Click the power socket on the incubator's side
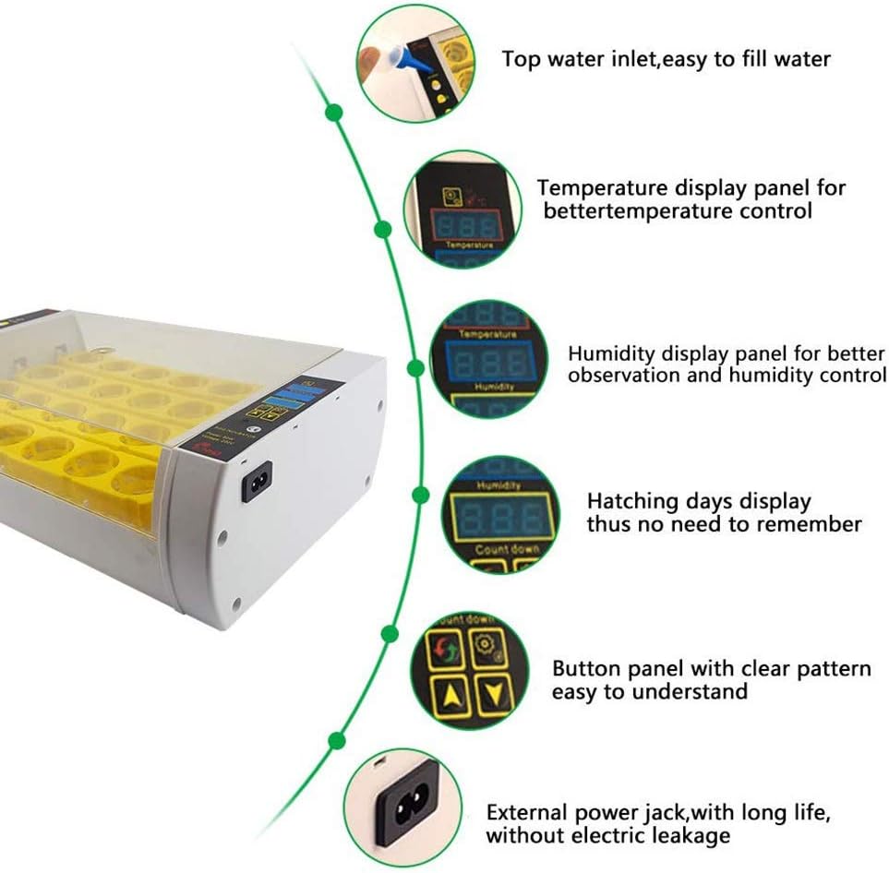(256, 480)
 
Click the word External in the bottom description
(525, 813)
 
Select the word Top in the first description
(520, 59)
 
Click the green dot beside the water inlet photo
(334, 113)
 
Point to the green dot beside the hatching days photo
(420, 496)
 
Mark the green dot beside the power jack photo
(336, 740)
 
